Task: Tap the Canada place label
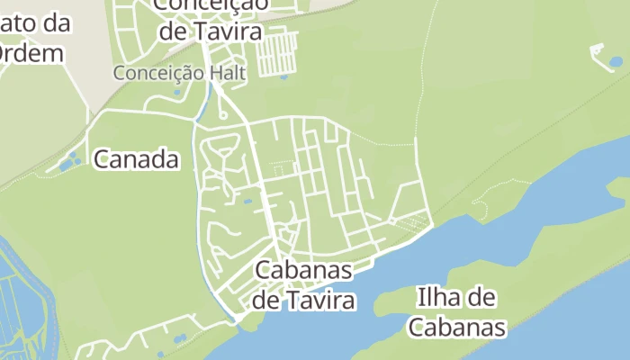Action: coord(136,160)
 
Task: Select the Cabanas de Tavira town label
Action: coord(302,284)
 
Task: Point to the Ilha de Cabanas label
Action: coord(457,311)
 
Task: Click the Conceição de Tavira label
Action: coord(210,18)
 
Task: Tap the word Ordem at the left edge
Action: coord(32,53)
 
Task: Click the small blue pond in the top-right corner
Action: coord(616,62)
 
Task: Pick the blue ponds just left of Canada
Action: coord(68,163)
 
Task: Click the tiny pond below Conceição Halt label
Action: coord(176,92)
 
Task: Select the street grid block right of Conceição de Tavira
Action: coord(276,53)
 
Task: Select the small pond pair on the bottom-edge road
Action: coord(178,339)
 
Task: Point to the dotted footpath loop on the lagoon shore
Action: coord(479,210)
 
